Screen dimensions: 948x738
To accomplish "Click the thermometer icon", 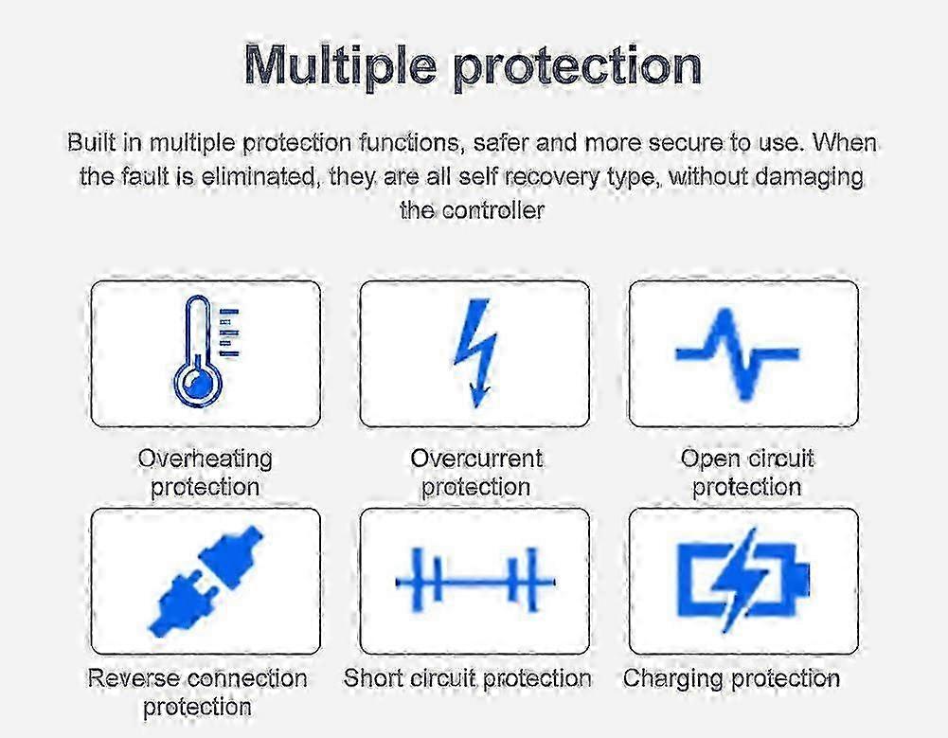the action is pos(198,351).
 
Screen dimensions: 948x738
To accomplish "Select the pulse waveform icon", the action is pos(737,354).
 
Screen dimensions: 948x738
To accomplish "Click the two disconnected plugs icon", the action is pos(206,582).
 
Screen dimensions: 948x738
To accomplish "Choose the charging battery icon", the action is pos(743,581).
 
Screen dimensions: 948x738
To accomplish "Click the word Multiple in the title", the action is pos(340,64).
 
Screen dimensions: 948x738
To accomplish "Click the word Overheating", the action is pos(205,459).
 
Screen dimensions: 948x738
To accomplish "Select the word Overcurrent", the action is pos(476,458).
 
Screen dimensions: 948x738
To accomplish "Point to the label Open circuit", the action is pos(747,459).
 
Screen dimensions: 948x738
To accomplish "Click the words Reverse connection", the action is pos(197,678).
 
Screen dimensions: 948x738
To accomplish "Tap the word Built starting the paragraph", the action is pos(91,143).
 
